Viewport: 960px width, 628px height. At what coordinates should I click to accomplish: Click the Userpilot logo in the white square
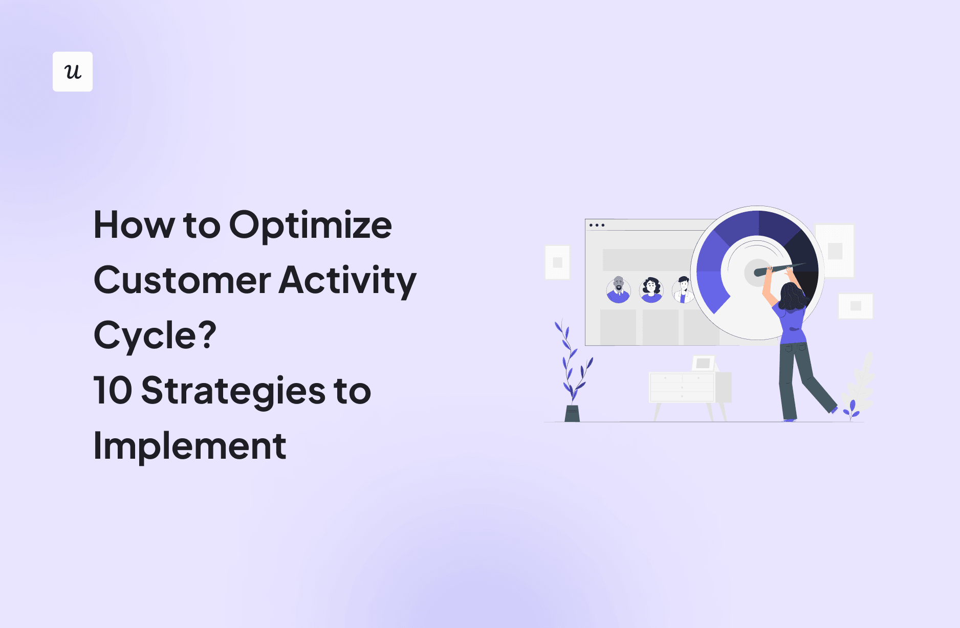pyautogui.click(x=73, y=72)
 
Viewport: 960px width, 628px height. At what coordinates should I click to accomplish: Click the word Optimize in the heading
pyautogui.click(x=310, y=225)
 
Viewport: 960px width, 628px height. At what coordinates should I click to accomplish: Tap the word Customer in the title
pyautogui.click(x=182, y=281)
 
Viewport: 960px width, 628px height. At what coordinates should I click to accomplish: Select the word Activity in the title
pyautogui.click(x=347, y=281)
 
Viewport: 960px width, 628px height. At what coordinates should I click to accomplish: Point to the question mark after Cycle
pyautogui.click(x=207, y=335)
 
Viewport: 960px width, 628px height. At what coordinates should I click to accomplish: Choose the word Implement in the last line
pyautogui.click(x=189, y=446)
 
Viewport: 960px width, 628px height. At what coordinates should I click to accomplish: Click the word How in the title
pyautogui.click(x=134, y=225)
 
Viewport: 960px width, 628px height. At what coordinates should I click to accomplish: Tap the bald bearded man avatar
pyautogui.click(x=618, y=290)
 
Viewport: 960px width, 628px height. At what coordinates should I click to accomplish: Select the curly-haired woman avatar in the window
pyautogui.click(x=651, y=290)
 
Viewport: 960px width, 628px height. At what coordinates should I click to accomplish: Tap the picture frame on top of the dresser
pyautogui.click(x=703, y=363)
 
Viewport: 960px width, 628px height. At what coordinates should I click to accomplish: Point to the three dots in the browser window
pyautogui.click(x=597, y=225)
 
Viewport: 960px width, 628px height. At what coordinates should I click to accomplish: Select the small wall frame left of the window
pyautogui.click(x=557, y=262)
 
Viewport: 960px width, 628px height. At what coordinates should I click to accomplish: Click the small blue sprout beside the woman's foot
pyautogui.click(x=851, y=409)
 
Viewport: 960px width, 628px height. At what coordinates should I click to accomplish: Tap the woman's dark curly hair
pyautogui.click(x=792, y=297)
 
